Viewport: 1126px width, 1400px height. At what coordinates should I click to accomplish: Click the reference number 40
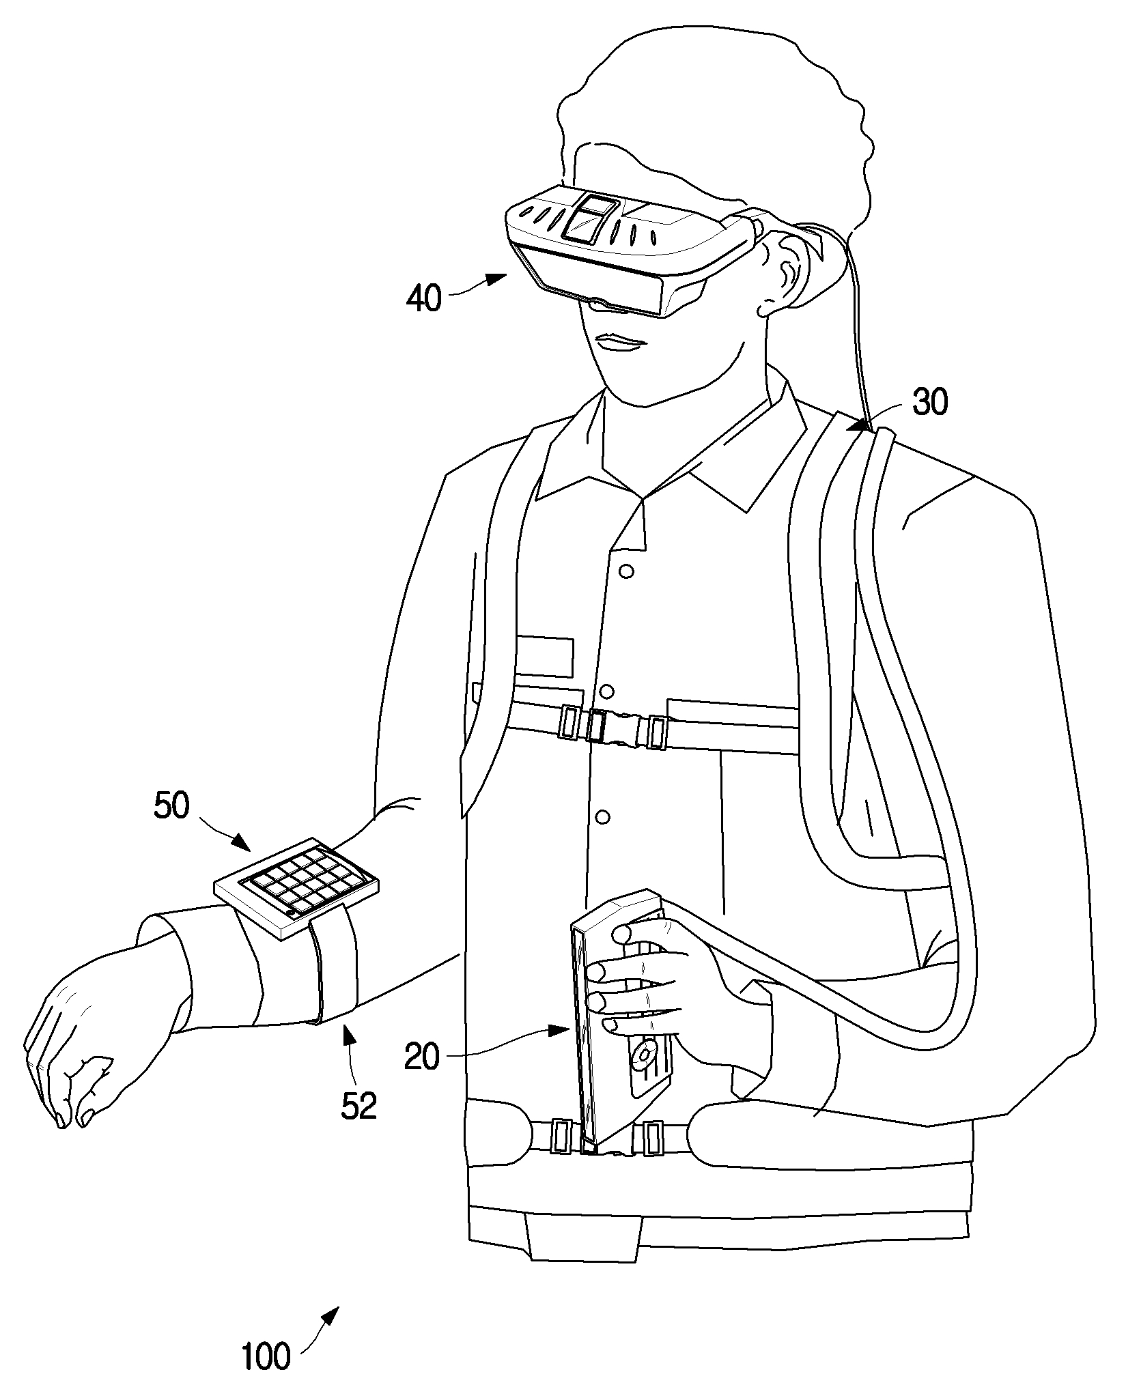click(423, 298)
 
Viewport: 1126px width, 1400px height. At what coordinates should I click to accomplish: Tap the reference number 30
click(929, 403)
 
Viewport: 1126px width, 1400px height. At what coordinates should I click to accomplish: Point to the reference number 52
click(359, 1106)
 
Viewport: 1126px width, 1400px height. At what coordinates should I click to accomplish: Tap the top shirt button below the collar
click(626, 569)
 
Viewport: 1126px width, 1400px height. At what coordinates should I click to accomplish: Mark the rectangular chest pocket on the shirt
click(544, 657)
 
